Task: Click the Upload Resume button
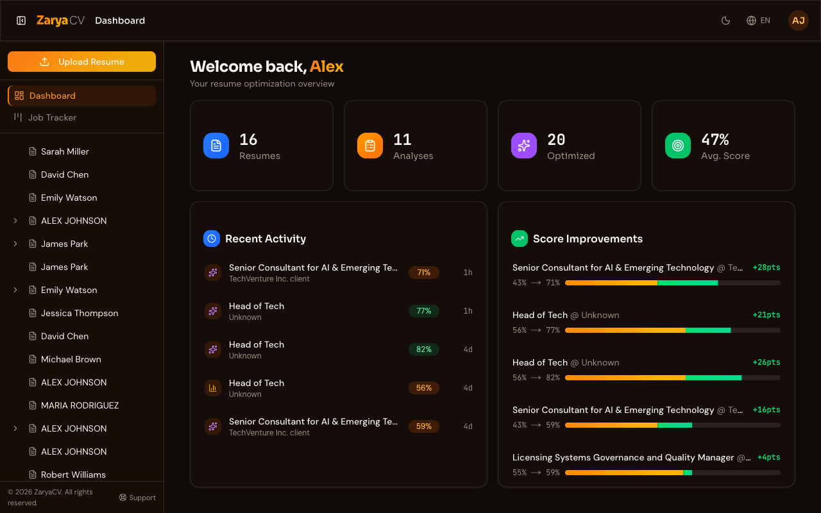(x=81, y=62)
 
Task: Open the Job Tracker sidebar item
(x=52, y=117)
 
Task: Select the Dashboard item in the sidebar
(x=52, y=96)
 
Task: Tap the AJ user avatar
(x=798, y=21)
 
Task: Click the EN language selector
(x=758, y=21)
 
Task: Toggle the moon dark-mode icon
(x=726, y=21)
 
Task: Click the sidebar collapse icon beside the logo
(x=21, y=21)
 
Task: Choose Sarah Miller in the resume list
(x=65, y=151)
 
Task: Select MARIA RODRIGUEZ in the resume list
(x=80, y=405)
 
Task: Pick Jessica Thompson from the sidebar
(x=80, y=313)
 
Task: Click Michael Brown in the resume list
(x=71, y=359)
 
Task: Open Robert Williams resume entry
(x=73, y=475)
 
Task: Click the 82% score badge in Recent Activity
(x=424, y=349)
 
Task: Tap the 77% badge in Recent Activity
(x=424, y=311)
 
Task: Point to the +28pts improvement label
(x=766, y=267)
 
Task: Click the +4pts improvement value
(x=768, y=457)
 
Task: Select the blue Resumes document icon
(x=216, y=146)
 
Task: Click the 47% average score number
(x=715, y=140)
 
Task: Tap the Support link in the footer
(x=137, y=498)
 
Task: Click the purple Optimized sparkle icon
(x=524, y=146)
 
